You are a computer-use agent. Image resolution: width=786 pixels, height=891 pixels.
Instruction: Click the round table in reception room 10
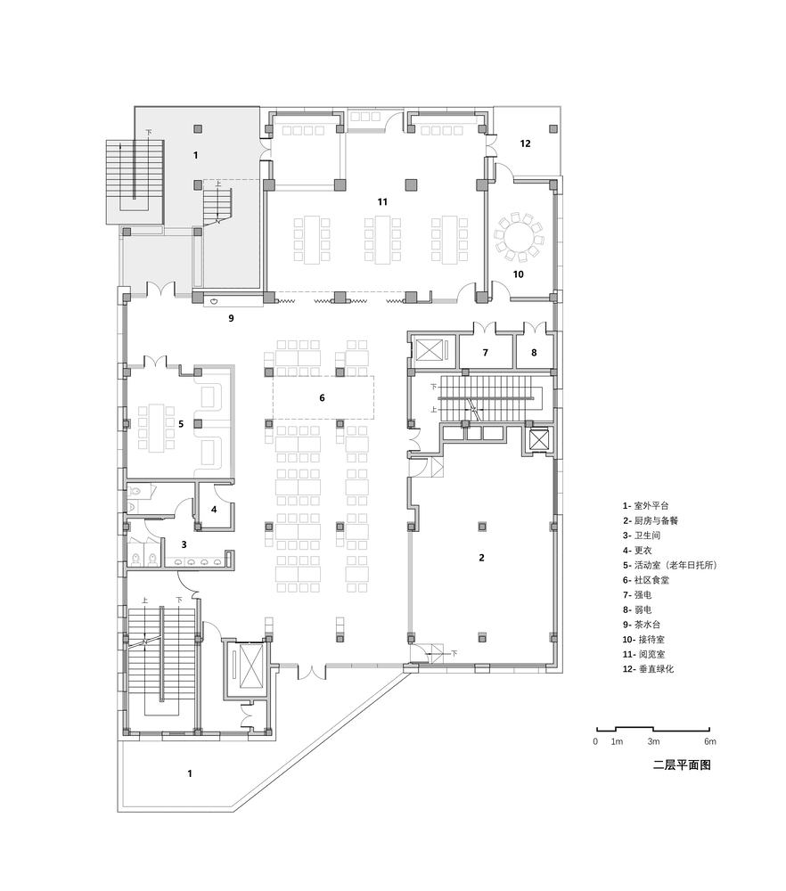click(519, 234)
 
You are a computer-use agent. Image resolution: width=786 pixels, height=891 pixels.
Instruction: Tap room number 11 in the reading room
click(382, 201)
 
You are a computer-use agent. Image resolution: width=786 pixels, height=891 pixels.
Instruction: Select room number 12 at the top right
click(525, 143)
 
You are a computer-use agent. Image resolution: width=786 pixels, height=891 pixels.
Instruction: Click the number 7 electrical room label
click(486, 353)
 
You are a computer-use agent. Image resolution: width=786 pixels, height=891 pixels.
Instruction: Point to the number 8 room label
click(534, 353)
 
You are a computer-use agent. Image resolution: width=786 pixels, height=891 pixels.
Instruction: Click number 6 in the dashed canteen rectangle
click(323, 397)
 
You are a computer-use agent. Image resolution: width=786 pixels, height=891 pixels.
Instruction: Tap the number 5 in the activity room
click(181, 424)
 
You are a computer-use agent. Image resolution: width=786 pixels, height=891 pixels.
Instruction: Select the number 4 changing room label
click(214, 510)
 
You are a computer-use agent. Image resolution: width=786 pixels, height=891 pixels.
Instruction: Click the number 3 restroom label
click(184, 544)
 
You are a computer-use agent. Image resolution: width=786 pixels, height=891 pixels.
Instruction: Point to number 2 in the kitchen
click(482, 558)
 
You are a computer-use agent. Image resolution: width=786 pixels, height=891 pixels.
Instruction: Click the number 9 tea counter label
click(232, 318)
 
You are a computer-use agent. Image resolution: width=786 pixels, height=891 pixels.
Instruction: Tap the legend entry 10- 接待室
click(643, 640)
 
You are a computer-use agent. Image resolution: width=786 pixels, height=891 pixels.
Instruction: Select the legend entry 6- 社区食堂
click(645, 580)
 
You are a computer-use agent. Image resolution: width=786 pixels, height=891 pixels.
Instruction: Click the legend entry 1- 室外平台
click(645, 506)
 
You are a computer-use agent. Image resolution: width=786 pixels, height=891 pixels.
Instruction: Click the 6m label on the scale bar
click(710, 741)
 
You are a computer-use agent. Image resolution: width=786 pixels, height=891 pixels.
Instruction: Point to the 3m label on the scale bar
click(653, 741)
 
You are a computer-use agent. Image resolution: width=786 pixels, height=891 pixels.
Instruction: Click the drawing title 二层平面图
click(682, 764)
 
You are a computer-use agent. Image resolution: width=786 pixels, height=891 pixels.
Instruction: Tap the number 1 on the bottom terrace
click(190, 773)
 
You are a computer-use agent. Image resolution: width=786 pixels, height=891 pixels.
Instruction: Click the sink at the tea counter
click(215, 301)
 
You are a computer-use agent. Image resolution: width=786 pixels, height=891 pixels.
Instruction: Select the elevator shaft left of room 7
click(430, 349)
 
